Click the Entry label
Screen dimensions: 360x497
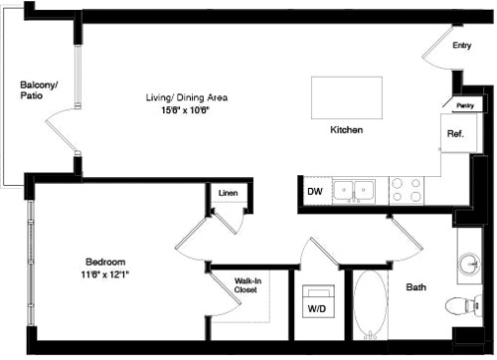point(462,45)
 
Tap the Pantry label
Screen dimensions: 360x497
point(464,104)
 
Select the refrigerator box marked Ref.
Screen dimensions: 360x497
point(455,133)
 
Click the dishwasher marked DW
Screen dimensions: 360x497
point(313,189)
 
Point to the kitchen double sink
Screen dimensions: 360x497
point(353,189)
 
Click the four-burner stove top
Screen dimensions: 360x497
point(407,189)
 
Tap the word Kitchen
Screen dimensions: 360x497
point(346,130)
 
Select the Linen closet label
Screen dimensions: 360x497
point(227,193)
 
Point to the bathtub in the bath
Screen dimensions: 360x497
point(373,307)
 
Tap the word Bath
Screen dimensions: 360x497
point(416,287)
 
